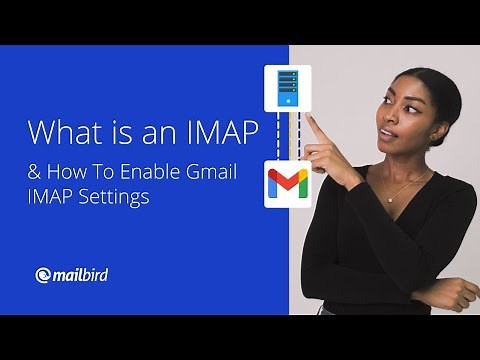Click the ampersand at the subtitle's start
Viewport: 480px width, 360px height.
(33, 172)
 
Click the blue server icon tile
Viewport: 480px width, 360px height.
(287, 88)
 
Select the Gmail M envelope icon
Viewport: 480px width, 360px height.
(287, 184)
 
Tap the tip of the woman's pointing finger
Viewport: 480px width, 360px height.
(310, 120)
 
